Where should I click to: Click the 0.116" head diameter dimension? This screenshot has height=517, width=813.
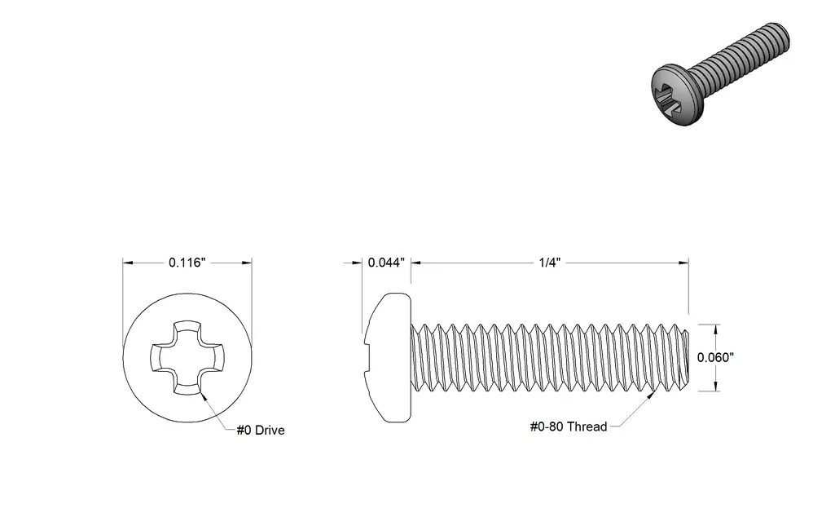point(187,263)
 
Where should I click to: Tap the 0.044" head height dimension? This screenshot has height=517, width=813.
point(386,263)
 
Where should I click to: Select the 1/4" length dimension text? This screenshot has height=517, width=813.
point(550,263)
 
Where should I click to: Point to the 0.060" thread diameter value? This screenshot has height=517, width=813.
point(715,357)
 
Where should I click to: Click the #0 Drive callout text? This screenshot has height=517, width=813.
point(261,431)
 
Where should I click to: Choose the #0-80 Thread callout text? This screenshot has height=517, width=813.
point(569,426)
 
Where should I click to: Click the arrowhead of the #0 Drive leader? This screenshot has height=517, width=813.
point(203,396)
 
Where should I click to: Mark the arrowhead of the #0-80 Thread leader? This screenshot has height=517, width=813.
point(650,395)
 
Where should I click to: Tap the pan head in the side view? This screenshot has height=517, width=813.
point(389,357)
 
